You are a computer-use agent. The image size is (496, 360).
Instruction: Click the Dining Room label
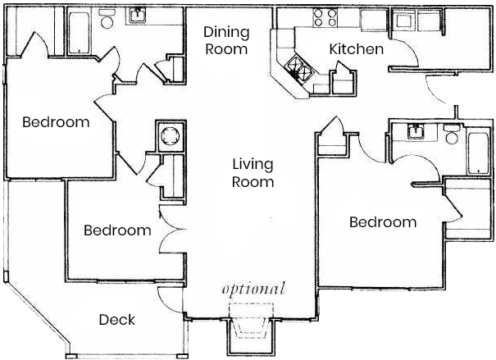pos(225,40)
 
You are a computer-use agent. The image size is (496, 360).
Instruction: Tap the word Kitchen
pos(356,49)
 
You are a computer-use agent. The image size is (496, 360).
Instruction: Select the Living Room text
pos(253,172)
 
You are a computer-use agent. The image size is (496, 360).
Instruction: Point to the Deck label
pos(116,319)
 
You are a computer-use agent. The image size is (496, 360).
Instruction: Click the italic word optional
pos(253,289)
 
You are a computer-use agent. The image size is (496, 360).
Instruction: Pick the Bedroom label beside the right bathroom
pos(382,222)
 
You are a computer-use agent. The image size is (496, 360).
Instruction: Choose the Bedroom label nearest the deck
pos(117,230)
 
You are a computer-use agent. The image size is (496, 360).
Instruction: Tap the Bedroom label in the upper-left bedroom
pos(55,123)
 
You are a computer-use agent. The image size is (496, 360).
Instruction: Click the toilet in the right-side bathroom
pos(450,135)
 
